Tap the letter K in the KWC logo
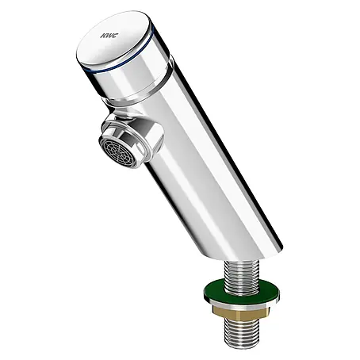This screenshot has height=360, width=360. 102,36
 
